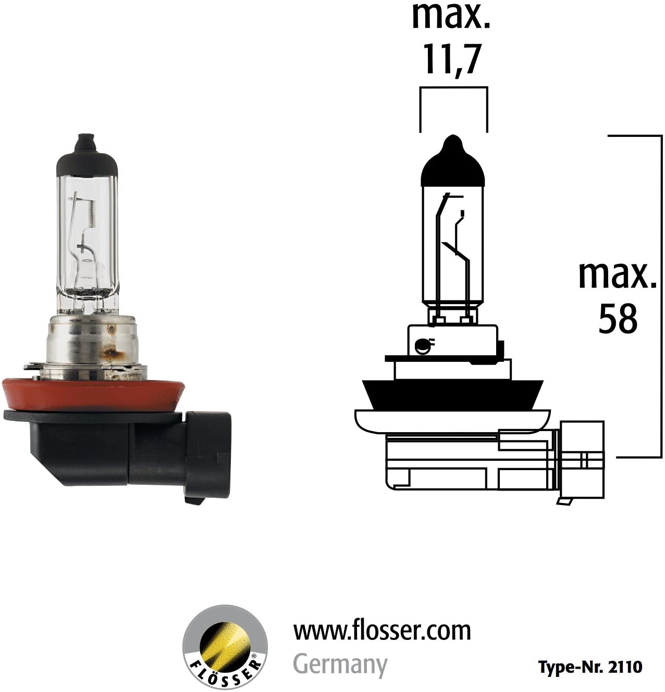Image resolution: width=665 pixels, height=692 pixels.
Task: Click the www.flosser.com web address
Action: [382, 631]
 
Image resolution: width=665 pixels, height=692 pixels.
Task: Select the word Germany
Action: [340, 664]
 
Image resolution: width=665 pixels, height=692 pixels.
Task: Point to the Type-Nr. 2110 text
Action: [590, 667]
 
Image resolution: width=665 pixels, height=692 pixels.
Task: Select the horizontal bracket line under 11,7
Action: [453, 87]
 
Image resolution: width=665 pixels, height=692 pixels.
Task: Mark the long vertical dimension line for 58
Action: [661, 297]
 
